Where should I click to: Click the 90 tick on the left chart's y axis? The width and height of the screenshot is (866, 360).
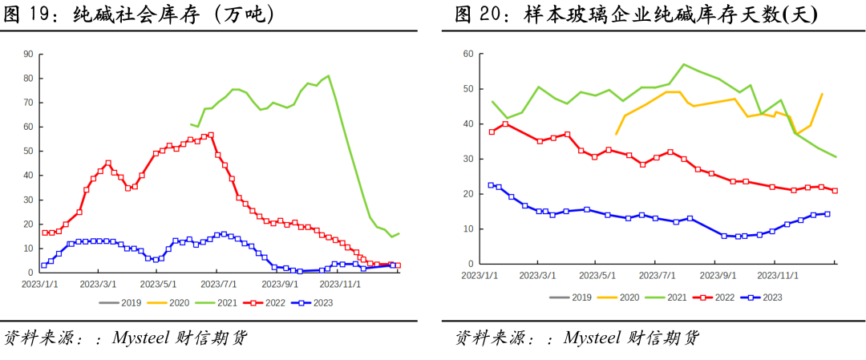click(28, 55)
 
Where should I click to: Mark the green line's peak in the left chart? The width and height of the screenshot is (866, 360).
click(328, 76)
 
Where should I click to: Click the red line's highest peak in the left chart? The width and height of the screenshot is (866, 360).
click(211, 135)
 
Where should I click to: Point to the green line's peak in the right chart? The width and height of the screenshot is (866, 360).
click(684, 64)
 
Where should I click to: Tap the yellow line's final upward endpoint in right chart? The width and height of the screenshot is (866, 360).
click(823, 94)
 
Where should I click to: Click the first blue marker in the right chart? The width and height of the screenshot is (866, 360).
click(492, 185)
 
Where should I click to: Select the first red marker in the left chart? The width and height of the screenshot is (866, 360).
click(44, 233)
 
